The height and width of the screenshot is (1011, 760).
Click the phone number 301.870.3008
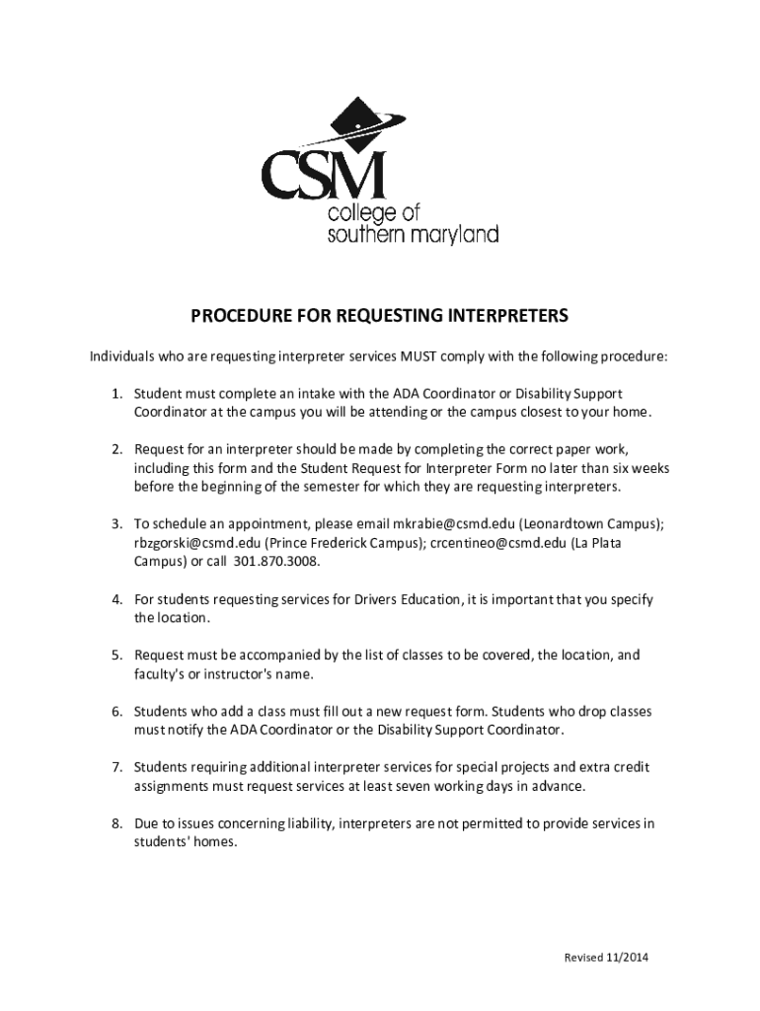[x=277, y=562]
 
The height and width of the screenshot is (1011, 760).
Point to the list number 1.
[x=115, y=394]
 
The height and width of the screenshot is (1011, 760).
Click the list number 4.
[x=115, y=600]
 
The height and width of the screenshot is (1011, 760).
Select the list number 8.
[x=115, y=823]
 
